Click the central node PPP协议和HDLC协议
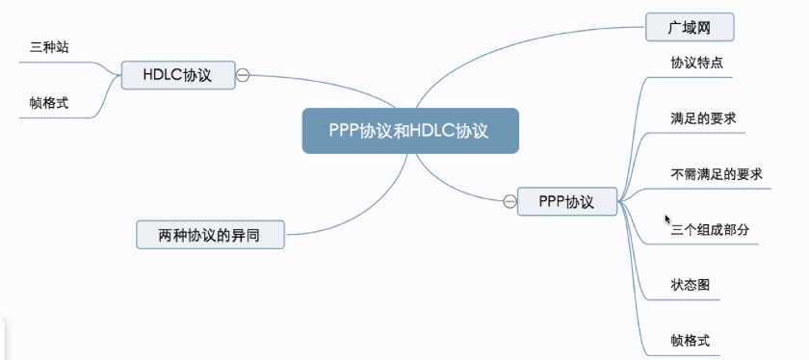[410, 131]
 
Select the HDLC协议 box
[178, 74]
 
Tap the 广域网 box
[689, 27]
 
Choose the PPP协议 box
[568, 202]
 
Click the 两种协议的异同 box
[209, 233]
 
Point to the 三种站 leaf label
[50, 46]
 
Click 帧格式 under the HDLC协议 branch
[49, 101]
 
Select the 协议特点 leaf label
[697, 63]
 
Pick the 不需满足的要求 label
[717, 174]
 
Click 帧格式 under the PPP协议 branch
[691, 340]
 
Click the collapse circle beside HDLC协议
[244, 74]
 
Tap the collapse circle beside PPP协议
[509, 201]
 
